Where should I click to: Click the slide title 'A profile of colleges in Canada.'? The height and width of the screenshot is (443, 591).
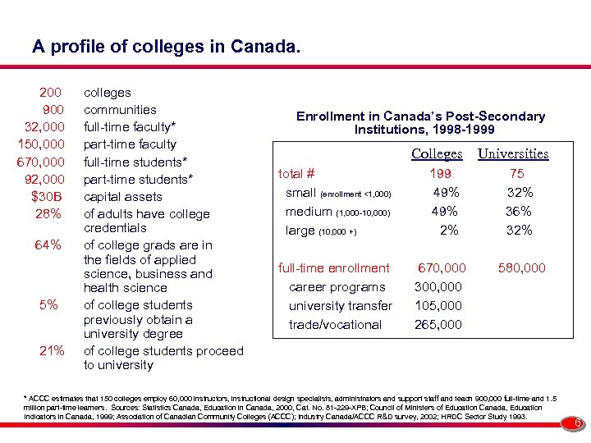[x=167, y=47]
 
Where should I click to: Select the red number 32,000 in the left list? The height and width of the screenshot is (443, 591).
[x=45, y=127]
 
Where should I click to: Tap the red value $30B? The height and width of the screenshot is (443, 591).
[x=47, y=196]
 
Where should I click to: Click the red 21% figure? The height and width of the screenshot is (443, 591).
[x=51, y=351]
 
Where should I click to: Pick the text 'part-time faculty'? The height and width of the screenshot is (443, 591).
[x=130, y=144]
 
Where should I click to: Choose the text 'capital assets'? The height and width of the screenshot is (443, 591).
[x=122, y=197]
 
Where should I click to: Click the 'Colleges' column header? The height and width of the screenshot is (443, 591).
[x=437, y=153]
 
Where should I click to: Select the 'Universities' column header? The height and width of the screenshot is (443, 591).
[x=513, y=153]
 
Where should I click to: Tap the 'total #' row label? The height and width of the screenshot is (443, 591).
[x=297, y=174]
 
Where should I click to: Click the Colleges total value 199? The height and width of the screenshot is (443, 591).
[x=442, y=174]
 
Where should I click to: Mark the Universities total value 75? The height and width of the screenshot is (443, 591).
[x=517, y=174]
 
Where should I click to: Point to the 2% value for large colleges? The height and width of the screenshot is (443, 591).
[x=448, y=231]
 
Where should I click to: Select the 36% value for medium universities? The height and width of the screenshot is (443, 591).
[x=520, y=212]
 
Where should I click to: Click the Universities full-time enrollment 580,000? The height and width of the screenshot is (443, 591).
[x=520, y=268]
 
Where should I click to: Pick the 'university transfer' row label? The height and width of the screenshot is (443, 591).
[x=341, y=306]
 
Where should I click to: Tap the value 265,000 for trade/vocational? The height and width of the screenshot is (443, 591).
[x=438, y=325]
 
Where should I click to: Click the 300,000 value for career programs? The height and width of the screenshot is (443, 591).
[x=438, y=287]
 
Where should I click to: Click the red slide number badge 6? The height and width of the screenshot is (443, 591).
[x=577, y=423]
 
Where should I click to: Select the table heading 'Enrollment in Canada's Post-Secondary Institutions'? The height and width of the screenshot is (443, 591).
[x=420, y=123]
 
